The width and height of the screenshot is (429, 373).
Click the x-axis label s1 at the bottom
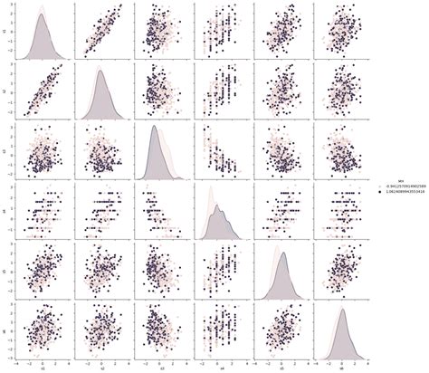(42, 368)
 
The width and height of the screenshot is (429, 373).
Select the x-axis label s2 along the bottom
(101, 368)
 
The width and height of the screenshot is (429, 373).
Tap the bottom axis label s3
(161, 368)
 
